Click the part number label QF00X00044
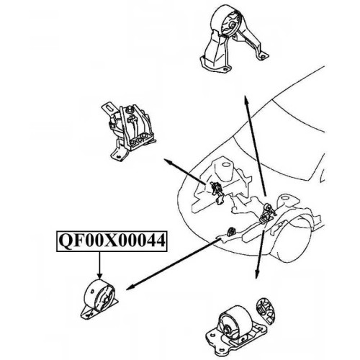pos(112,241)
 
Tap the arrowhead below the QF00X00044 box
pos(99,276)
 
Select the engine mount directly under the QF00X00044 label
pos(99,299)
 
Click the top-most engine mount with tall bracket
pos(234,38)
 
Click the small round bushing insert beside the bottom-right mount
pos(266,311)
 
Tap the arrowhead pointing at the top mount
pos(246,99)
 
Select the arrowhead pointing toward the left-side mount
pos(168,161)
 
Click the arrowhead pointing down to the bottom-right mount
pos(256,275)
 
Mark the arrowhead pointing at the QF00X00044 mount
pos(130,287)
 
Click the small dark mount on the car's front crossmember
pos(232,232)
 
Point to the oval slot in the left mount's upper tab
pos(109,107)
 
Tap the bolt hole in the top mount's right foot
pos(263,57)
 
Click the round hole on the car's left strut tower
pos(225,165)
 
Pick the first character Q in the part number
pos(64,241)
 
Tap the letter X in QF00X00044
pos(107,241)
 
